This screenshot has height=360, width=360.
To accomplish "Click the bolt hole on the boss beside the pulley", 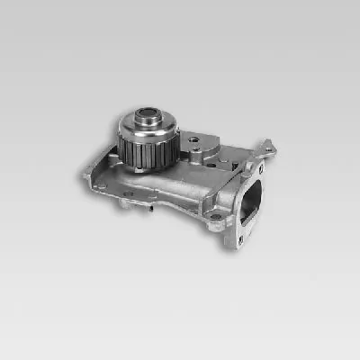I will pyautogui.click(x=194, y=141).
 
